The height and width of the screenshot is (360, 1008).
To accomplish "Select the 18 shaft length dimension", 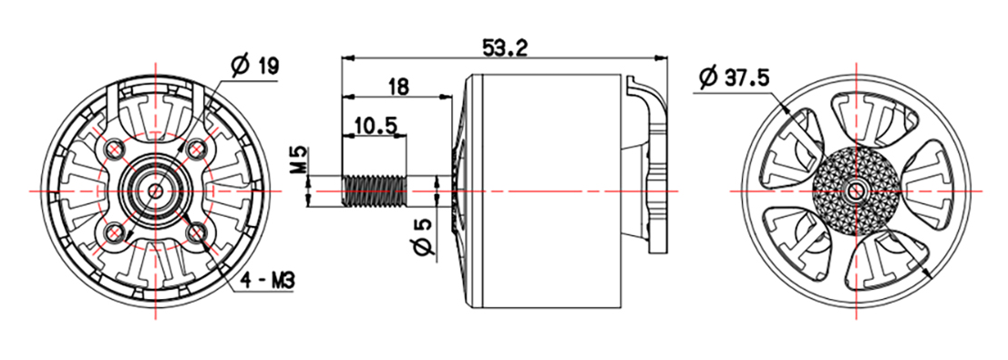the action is (398, 87).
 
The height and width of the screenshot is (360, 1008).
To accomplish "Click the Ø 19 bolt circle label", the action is (254, 66).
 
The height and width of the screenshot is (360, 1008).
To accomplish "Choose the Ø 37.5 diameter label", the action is (734, 77).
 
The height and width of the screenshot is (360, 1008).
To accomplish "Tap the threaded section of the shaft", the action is (375, 190).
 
